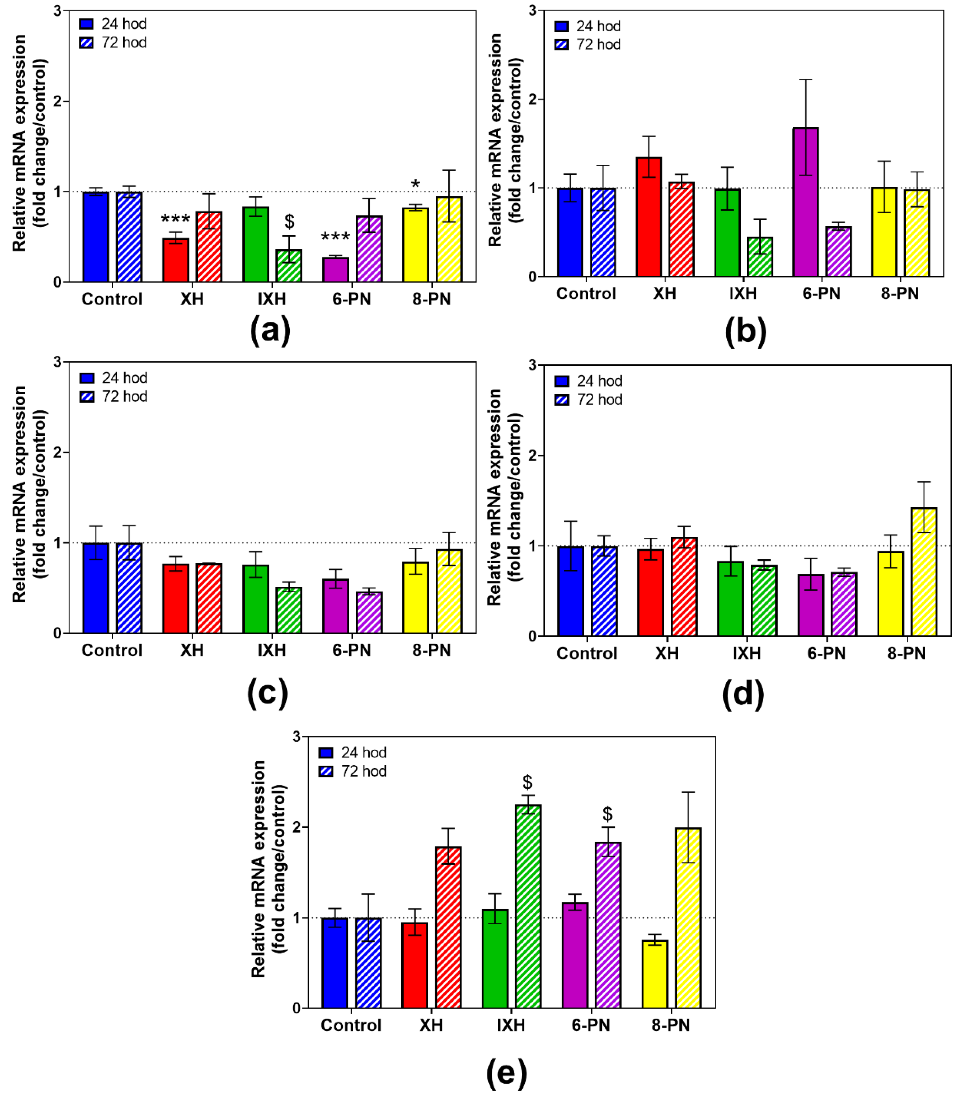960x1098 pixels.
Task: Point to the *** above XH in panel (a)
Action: [x=175, y=219]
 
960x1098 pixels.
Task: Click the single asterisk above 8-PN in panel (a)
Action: [x=415, y=185]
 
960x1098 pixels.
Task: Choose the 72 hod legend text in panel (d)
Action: [x=599, y=400]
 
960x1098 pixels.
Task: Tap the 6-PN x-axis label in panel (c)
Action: [x=352, y=650]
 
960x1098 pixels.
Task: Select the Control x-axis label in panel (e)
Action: [x=351, y=1025]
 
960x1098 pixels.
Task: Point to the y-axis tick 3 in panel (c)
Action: [x=57, y=362]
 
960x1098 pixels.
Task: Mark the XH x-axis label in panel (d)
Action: [x=667, y=653]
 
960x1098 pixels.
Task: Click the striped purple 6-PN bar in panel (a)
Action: [x=369, y=249]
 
